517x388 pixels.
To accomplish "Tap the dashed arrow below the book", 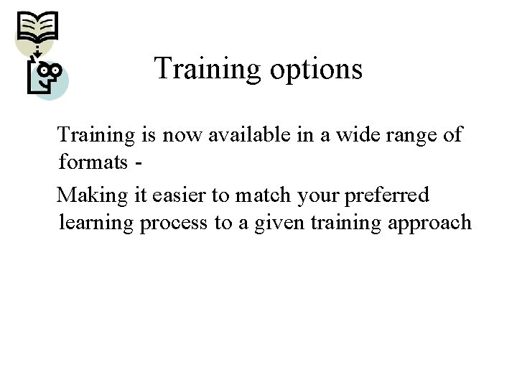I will coord(32,51).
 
